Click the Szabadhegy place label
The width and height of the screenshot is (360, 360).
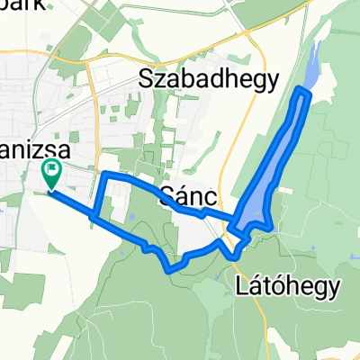210,79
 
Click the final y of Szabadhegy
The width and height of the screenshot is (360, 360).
273,82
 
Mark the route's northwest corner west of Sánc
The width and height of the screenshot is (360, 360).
105,174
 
